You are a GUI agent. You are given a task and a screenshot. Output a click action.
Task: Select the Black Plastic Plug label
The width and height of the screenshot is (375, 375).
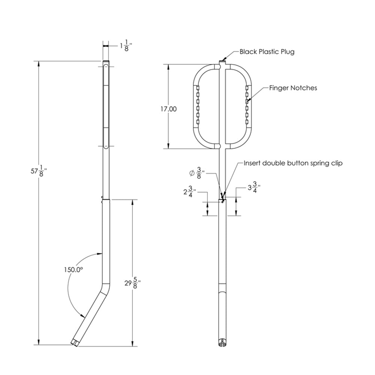267,52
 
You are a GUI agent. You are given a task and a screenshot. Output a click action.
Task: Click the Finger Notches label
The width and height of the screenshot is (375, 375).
293,88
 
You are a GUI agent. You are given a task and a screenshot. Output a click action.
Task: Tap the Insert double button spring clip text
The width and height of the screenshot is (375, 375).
293,163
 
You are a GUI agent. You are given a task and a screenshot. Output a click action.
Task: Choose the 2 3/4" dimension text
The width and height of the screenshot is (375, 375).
189,192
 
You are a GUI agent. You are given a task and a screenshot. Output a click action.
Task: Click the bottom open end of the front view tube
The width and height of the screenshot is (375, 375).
222,343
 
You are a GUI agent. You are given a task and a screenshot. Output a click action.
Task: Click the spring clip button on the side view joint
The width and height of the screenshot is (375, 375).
102,198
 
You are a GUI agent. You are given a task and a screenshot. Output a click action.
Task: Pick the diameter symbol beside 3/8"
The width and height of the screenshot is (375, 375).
192,174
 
